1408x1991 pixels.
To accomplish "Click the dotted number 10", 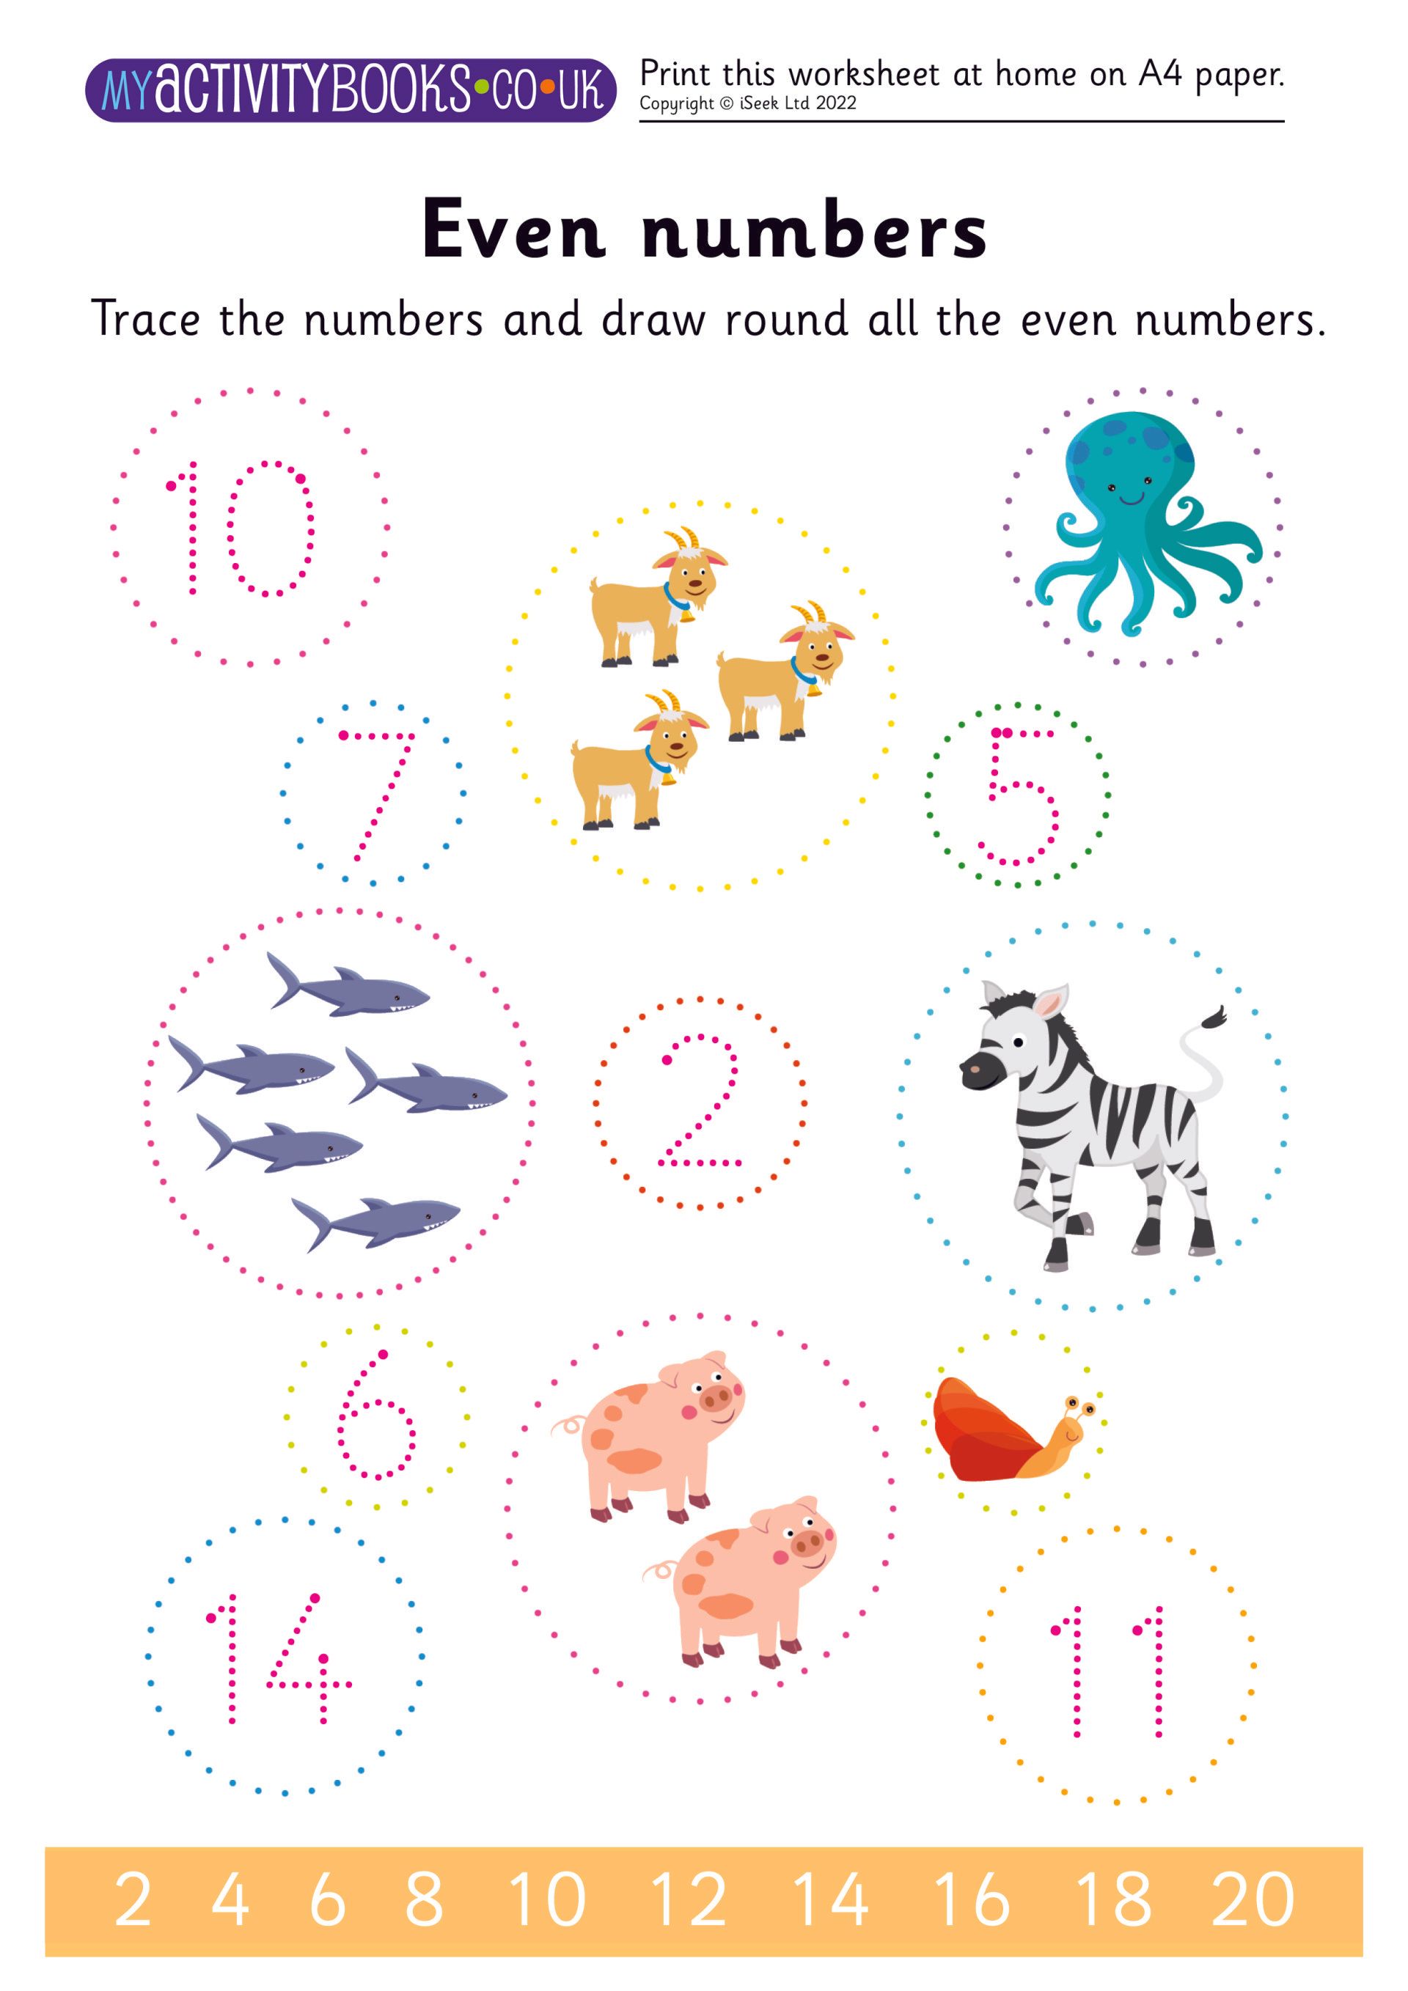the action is pos(240,527).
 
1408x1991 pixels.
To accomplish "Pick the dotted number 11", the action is pos(1108,1669).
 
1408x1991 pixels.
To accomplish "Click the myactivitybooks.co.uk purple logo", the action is pos(350,90).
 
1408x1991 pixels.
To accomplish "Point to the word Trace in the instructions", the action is pos(145,318).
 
